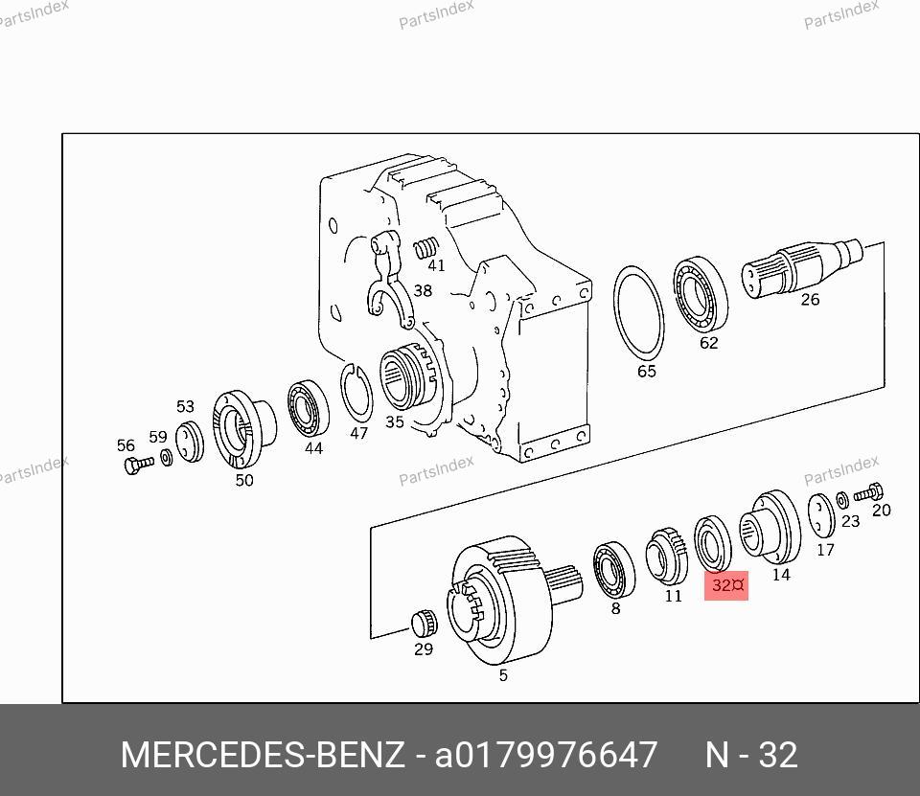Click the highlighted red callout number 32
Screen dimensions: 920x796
725,585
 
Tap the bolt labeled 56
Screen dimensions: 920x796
138,464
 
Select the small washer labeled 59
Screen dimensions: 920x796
167,457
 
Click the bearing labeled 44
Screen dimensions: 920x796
308,409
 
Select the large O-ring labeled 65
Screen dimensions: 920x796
638,312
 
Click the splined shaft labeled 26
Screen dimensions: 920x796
801,267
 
